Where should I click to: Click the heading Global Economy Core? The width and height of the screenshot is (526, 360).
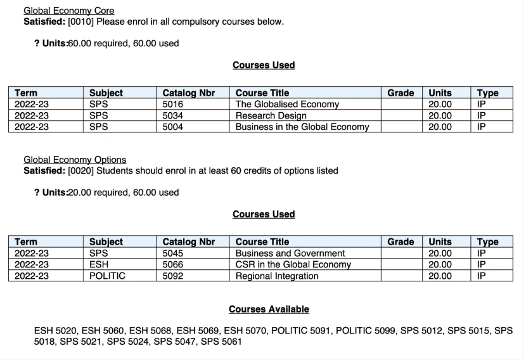coord(68,11)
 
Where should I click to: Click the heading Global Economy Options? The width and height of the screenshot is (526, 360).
coord(75,160)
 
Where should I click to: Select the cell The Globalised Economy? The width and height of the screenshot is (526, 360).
coord(287,105)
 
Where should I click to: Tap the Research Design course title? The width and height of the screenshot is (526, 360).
coord(271,115)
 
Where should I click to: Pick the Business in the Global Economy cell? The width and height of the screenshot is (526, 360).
coord(302,127)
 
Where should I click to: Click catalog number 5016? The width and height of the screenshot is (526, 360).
coord(173,105)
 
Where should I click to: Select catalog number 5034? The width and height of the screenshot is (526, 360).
coord(173,115)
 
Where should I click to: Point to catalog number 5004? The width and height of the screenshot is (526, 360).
coord(173,127)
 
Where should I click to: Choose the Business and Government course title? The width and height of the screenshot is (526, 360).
coord(290,254)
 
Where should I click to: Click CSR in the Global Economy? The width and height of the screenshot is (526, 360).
coord(293,264)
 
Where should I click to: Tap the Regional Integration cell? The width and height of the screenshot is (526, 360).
coord(277,276)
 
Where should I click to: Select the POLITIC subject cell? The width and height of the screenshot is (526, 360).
coord(107,276)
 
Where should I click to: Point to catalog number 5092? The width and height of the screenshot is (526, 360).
coord(173,276)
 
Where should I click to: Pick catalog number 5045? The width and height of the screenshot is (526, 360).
coord(173,254)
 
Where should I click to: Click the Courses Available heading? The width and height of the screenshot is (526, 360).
coord(269,309)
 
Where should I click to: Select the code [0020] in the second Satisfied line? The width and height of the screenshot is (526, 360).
coord(80,170)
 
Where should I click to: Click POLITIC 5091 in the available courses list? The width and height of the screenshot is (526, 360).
coord(300,331)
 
